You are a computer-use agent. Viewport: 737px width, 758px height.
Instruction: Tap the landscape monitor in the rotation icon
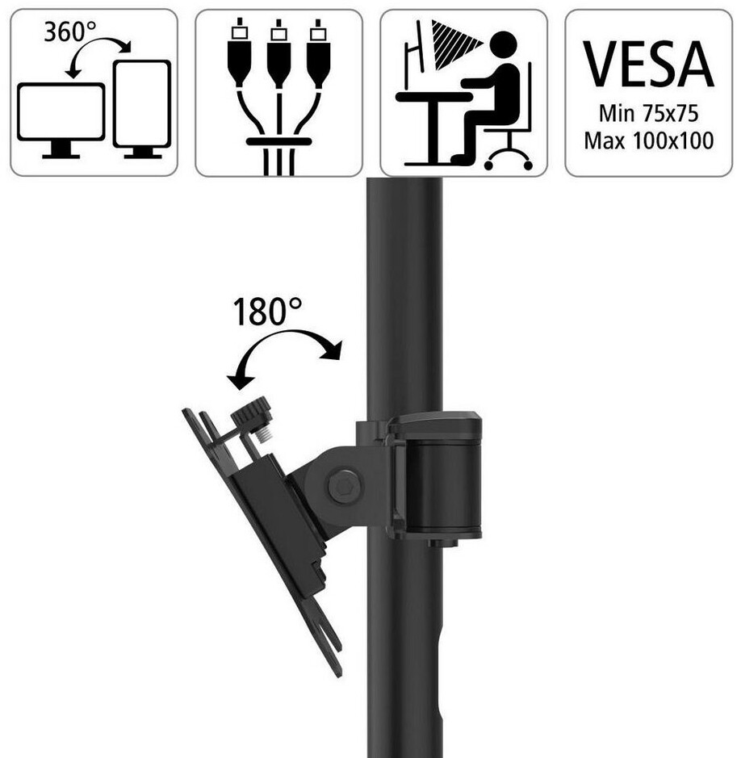(61, 113)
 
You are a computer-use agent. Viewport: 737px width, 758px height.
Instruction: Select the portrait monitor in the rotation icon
(142, 103)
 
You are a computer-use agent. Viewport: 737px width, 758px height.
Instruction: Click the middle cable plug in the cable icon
(278, 58)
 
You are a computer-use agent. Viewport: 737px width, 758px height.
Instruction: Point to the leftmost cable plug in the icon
(238, 58)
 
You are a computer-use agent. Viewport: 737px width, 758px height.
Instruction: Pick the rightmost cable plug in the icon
(319, 58)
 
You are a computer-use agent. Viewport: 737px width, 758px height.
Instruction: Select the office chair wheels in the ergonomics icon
(508, 159)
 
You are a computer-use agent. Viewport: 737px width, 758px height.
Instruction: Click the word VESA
(649, 63)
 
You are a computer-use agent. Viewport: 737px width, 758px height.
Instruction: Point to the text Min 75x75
(649, 111)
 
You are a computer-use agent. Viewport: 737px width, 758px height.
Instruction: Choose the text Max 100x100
(649, 140)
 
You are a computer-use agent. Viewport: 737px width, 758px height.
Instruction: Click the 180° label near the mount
(267, 312)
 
